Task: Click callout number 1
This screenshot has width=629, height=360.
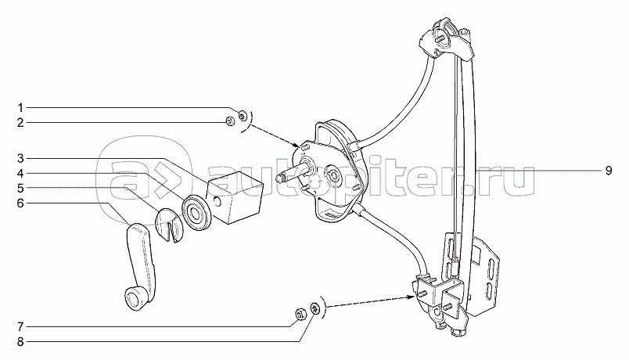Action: click(22, 106)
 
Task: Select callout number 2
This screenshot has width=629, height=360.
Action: click(22, 122)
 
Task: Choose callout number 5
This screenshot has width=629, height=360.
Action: click(22, 188)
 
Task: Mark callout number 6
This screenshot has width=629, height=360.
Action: click(22, 203)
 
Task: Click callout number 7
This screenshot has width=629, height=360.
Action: click(22, 325)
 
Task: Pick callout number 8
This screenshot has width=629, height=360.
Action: click(22, 340)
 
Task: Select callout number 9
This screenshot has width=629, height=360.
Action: click(606, 170)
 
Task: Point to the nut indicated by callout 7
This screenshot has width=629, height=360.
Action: click(300, 315)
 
